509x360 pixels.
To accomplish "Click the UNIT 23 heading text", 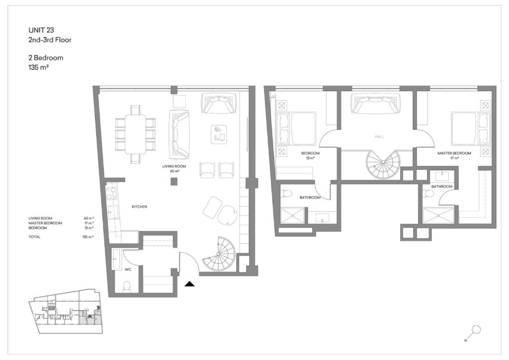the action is click(x=41, y=30).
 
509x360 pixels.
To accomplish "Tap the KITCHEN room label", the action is click(x=139, y=207).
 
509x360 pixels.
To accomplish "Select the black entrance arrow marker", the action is click(x=189, y=284).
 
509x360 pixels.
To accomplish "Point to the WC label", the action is click(x=128, y=270).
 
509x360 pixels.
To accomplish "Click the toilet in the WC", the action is click(x=127, y=286).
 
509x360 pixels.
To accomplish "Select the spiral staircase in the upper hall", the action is click(x=383, y=164).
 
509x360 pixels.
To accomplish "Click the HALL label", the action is click(x=379, y=137).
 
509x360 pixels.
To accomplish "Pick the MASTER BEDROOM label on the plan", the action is click(x=454, y=153).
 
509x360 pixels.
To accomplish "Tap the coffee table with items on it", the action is click(x=219, y=134).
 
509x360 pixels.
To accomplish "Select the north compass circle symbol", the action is click(x=477, y=330).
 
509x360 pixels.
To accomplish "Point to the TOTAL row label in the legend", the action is click(x=34, y=237).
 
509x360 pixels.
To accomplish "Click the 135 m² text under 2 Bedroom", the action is click(x=39, y=68).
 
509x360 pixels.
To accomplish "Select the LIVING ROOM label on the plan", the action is click(x=174, y=166).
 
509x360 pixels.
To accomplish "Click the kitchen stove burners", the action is click(x=112, y=192).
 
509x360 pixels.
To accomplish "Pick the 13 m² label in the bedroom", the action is click(x=310, y=158).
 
